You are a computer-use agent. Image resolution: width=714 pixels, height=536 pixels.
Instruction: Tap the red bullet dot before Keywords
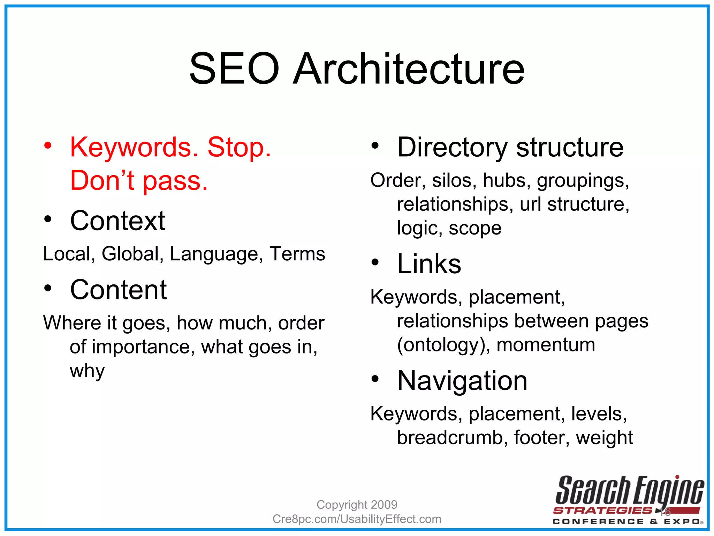point(48,146)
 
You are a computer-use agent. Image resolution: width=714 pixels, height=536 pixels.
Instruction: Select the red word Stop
point(239,147)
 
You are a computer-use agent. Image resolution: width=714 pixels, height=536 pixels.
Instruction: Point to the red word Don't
point(102,180)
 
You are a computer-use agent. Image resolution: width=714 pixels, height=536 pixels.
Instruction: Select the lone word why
point(87,371)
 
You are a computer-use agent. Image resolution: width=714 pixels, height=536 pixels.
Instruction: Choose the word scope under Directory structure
point(475,228)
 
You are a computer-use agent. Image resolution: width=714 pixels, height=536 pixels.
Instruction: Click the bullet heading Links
point(429,264)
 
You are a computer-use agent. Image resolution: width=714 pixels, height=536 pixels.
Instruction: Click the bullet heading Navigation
point(462,380)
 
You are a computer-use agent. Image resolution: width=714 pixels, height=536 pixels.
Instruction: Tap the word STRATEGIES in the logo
point(602,511)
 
